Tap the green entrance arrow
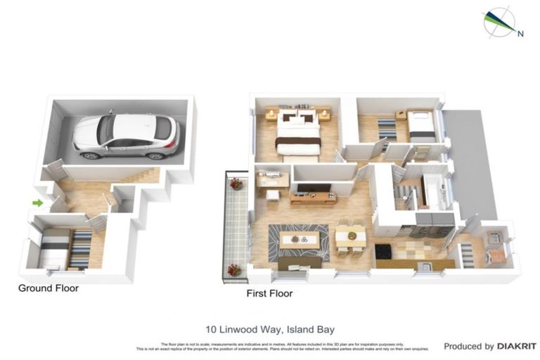coord(37,203)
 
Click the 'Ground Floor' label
coord(49,288)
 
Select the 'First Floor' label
coord(269,293)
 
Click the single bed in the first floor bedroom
coord(422,127)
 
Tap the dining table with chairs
coord(349,238)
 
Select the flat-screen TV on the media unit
coord(313,188)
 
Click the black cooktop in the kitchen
coord(385,251)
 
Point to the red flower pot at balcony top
coord(236,184)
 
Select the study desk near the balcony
coord(273,181)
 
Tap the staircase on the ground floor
coord(141,174)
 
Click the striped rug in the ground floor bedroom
coord(79,249)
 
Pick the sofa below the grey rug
coord(300,263)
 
